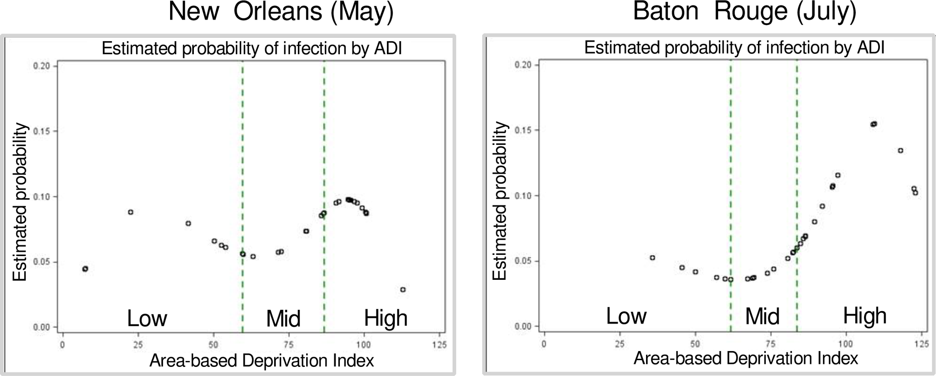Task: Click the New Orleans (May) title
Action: pyautogui.click(x=281, y=12)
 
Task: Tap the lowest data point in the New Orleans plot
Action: pyautogui.click(x=403, y=289)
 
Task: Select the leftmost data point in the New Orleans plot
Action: pyautogui.click(x=85, y=269)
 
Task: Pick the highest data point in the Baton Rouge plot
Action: pyautogui.click(x=874, y=124)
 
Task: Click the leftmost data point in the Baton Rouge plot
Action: pyautogui.click(x=652, y=258)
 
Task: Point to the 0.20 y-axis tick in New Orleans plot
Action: pyautogui.click(x=42, y=66)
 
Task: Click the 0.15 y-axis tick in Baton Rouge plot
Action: pyautogui.click(x=523, y=130)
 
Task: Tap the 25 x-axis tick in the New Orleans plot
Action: pyautogui.click(x=138, y=345)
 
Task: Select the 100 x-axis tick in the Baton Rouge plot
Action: pyautogui.click(x=845, y=344)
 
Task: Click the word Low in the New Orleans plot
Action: pyautogui.click(x=147, y=319)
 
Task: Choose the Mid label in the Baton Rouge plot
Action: pyautogui.click(x=762, y=317)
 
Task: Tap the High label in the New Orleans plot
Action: pyautogui.click(x=386, y=318)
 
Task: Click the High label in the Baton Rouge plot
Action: pyautogui.click(x=865, y=316)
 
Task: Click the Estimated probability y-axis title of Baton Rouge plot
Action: pyautogui.click(x=500, y=201)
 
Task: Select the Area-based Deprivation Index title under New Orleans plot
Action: pyautogui.click(x=262, y=361)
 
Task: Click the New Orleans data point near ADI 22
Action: pyautogui.click(x=131, y=212)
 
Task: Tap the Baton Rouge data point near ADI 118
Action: pyautogui.click(x=900, y=151)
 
